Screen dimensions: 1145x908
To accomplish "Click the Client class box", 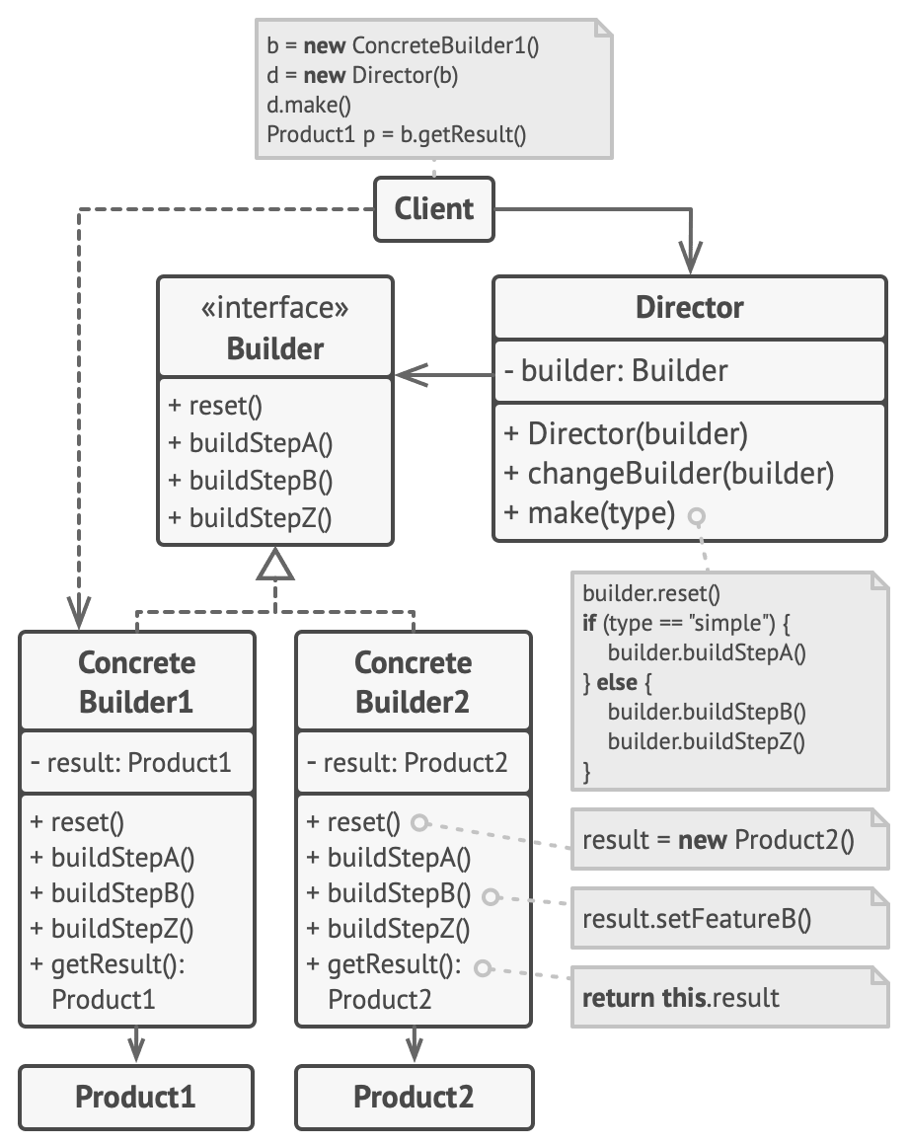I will [x=433, y=209].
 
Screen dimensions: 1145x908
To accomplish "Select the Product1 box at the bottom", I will [x=136, y=1097].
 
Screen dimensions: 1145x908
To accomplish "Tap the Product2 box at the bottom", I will [x=414, y=1097].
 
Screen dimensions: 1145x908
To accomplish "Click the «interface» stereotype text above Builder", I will [x=275, y=309].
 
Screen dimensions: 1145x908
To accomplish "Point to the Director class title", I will [x=689, y=307].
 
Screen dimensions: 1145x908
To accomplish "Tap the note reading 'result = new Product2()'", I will [x=718, y=840].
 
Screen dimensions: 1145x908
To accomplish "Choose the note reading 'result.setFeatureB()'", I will [x=697, y=920].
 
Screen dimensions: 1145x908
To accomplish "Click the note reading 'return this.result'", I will [x=681, y=997].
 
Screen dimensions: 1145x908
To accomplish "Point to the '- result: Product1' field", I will [x=130, y=763].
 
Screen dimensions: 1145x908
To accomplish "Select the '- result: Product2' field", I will [x=407, y=763].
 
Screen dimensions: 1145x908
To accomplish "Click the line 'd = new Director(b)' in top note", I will [x=362, y=75].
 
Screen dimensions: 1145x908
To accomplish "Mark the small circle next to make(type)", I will [x=698, y=516].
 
